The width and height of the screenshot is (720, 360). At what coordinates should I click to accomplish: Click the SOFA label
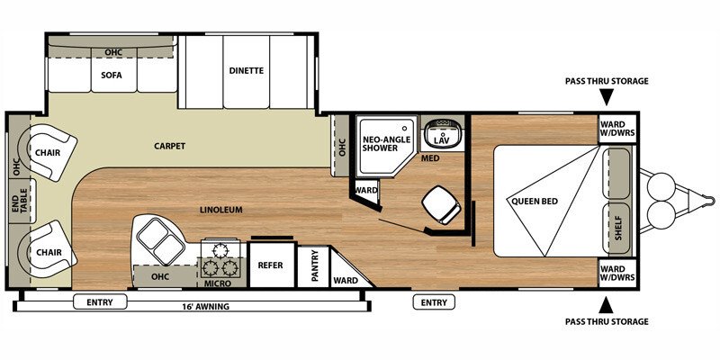pyautogui.click(x=112, y=75)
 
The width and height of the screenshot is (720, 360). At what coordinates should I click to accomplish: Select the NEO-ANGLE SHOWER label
pyautogui.click(x=385, y=144)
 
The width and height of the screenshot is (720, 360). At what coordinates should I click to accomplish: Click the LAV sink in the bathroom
pyautogui.click(x=440, y=135)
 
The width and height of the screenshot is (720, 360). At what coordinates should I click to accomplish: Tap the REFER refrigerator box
pyautogui.click(x=271, y=265)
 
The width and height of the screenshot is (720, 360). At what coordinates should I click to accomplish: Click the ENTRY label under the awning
pyautogui.click(x=100, y=302)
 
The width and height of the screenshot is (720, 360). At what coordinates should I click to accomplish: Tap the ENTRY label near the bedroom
pyautogui.click(x=433, y=302)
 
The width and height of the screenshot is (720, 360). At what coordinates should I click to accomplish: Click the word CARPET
pyautogui.click(x=169, y=146)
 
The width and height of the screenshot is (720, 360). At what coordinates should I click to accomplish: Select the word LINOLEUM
pyautogui.click(x=220, y=210)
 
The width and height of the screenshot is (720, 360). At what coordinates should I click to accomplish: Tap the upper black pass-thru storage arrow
pyautogui.click(x=607, y=96)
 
